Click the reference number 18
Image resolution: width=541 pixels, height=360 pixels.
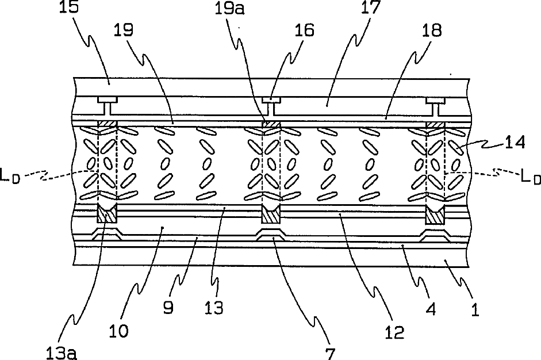[x=433, y=30]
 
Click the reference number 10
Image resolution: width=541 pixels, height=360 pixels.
[x=122, y=331]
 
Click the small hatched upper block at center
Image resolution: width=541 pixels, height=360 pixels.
[x=270, y=124]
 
